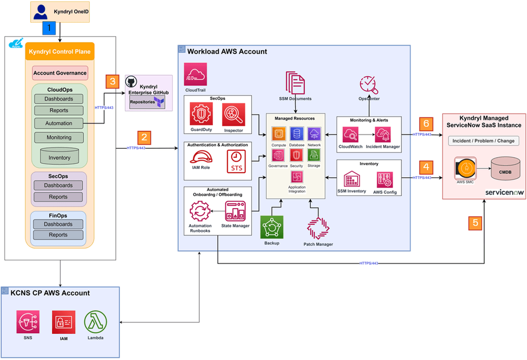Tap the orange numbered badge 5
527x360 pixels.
[476, 222]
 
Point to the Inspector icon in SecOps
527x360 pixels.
[233, 114]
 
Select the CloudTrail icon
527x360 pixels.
[195, 74]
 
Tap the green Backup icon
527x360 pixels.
[272, 227]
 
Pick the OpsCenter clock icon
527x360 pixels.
[368, 84]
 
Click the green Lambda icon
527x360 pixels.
[95, 322]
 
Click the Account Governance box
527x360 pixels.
[60, 73]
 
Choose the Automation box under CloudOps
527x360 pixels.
[58, 124]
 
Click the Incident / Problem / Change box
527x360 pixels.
[483, 141]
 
